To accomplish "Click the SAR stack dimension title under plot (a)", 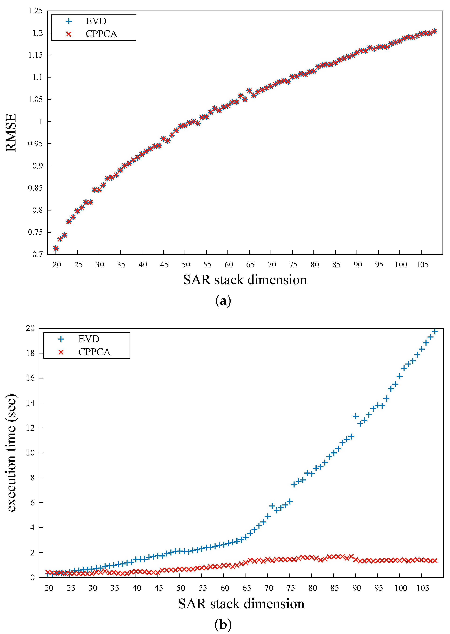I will coord(245,280).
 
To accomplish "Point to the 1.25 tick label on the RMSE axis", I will coord(35,11).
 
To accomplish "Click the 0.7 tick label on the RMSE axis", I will coord(38,254).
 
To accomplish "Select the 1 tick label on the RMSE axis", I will coord(41,121).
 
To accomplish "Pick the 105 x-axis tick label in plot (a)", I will coord(422,265).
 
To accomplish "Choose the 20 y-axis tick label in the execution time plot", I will coord(30,328).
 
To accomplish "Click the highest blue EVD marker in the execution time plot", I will coord(435,331).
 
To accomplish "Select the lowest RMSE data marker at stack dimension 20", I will coord(56,248).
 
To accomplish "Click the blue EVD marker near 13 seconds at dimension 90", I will coord(356,416).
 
